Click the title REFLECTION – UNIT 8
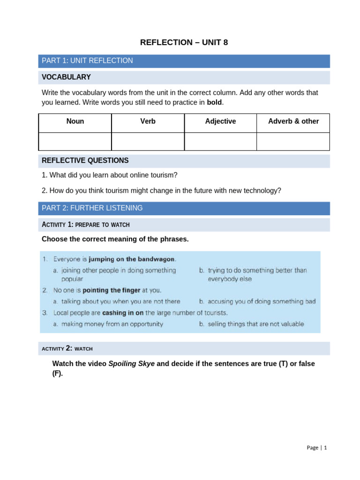tap(184, 43)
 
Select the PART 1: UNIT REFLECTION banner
tap(87, 61)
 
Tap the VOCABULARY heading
tap(66, 77)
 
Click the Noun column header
tap(75, 121)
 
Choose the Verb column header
tap(148, 121)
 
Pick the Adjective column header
tap(220, 121)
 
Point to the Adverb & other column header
tap(293, 121)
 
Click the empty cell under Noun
tap(75, 141)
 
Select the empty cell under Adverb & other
tap(293, 141)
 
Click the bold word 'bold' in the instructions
tap(214, 102)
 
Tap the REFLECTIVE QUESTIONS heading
tap(85, 161)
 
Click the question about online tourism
tap(110, 175)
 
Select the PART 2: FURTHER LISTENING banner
tap(92, 208)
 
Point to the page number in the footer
tap(317, 448)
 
